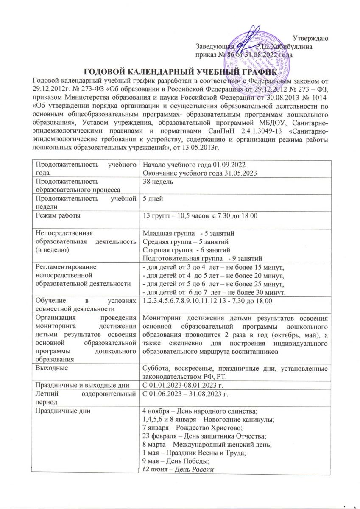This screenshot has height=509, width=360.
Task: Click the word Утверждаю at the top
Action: click(310, 39)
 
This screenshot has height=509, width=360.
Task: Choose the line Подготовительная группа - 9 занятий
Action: click(203, 259)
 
